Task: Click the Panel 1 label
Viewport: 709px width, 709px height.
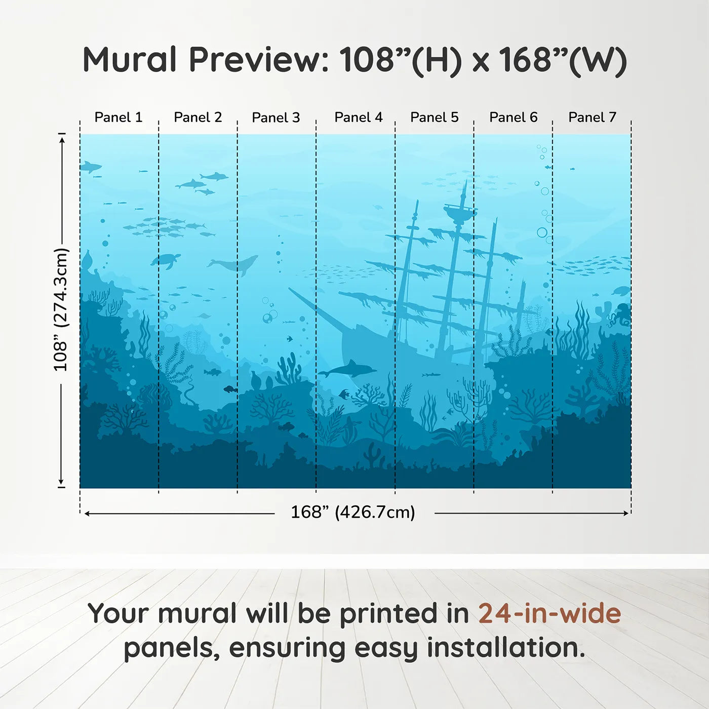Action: coord(119,117)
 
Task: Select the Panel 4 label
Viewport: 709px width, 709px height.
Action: coord(358,117)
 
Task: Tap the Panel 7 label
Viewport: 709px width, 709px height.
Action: coord(592,117)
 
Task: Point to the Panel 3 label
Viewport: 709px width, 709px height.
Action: coord(276,117)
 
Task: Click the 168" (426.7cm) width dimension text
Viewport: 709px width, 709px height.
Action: coord(352,512)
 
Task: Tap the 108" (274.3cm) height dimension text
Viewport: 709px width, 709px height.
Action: coord(60,309)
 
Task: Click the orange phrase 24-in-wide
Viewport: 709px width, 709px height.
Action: coord(549,613)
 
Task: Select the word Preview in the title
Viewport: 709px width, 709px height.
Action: coord(259,60)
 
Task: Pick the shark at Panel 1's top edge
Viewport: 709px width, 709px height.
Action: coord(90,166)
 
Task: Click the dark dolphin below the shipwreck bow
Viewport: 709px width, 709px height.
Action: coord(349,369)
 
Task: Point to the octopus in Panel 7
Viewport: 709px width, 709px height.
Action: coord(619,314)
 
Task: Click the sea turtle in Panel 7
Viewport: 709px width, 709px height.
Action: coord(621,291)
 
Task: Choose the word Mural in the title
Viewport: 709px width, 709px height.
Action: coord(130,60)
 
